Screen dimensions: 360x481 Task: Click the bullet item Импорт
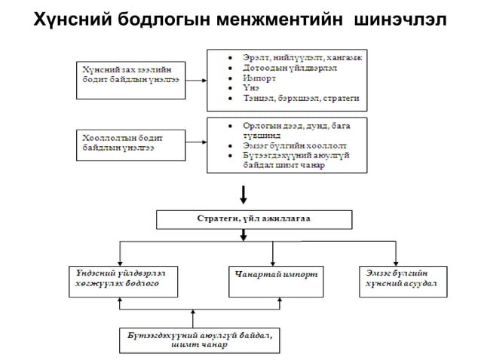pos(258,78)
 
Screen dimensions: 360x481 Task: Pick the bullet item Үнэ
pos(250,88)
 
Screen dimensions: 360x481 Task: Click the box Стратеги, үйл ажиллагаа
pos(254,219)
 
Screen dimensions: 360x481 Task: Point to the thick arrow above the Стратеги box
pos(242,194)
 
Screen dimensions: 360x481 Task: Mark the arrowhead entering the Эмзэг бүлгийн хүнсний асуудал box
pos(394,259)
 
